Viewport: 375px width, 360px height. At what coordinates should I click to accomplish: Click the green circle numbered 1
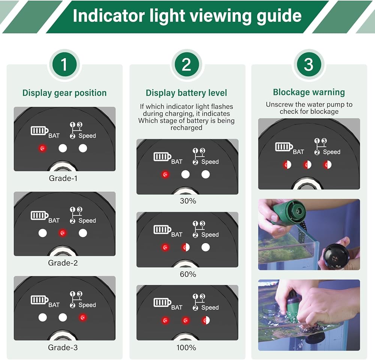64,64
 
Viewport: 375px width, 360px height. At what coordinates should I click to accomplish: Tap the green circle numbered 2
186,64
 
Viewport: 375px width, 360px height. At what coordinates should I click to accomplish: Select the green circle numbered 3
309,64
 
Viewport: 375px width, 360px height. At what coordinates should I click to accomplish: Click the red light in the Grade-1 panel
43,148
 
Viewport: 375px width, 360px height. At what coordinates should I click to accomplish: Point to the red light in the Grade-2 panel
63,233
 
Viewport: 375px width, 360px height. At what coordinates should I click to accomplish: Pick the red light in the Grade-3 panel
83,317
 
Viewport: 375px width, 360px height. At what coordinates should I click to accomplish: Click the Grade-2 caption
63,263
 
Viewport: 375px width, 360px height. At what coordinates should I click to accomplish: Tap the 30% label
188,201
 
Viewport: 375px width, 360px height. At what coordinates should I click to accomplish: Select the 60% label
188,274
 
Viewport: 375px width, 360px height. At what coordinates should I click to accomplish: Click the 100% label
186,347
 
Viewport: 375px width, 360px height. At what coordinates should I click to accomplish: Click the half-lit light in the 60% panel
185,247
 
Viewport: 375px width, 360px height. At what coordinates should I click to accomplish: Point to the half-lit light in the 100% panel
205,320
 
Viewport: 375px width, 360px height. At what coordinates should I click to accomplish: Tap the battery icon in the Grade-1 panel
39,130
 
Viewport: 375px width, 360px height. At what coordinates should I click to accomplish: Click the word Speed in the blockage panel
332,152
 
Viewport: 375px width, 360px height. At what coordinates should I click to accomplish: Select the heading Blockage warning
309,92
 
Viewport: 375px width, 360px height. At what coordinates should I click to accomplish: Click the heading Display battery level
186,93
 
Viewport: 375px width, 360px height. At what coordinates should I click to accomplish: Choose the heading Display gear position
64,93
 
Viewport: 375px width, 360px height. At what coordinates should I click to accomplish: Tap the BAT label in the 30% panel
177,162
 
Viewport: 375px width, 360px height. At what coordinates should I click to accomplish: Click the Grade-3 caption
63,347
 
